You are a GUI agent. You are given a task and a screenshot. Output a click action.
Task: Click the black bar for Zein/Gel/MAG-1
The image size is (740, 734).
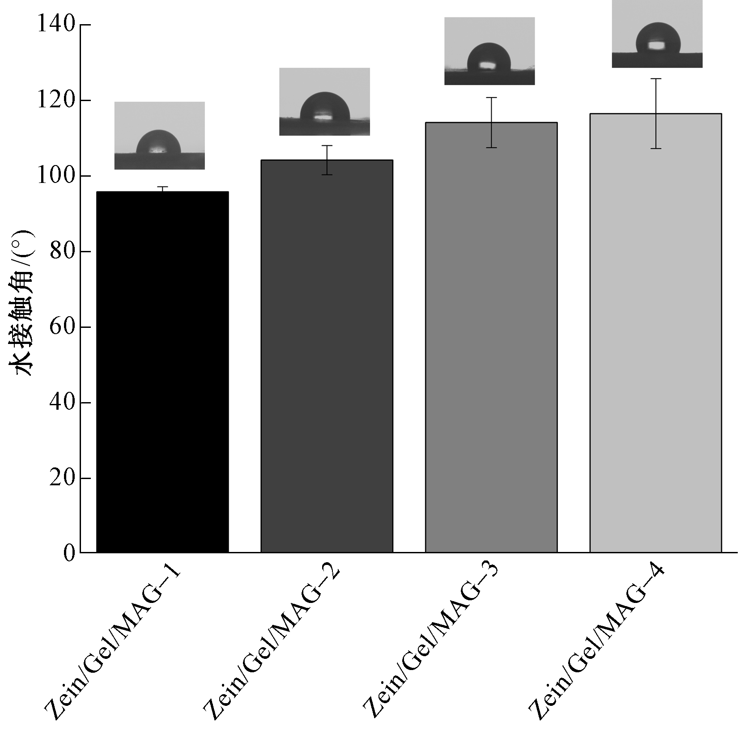[162, 371]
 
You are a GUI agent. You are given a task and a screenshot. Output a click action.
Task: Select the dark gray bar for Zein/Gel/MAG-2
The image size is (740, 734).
[327, 356]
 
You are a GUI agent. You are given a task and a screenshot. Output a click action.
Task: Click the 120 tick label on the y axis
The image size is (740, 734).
[56, 100]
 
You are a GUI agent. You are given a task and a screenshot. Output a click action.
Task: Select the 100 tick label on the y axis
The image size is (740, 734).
[56, 175]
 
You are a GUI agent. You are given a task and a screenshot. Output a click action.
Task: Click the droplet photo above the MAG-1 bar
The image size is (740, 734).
[160, 136]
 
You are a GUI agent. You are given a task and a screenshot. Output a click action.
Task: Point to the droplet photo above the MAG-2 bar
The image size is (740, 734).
[324, 102]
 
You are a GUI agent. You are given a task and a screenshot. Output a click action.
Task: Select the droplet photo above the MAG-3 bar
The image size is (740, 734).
[489, 51]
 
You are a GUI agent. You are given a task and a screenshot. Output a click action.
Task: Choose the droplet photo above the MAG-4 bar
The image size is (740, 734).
[657, 34]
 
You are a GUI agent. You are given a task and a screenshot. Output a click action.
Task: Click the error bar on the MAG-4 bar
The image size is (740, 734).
[656, 113]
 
